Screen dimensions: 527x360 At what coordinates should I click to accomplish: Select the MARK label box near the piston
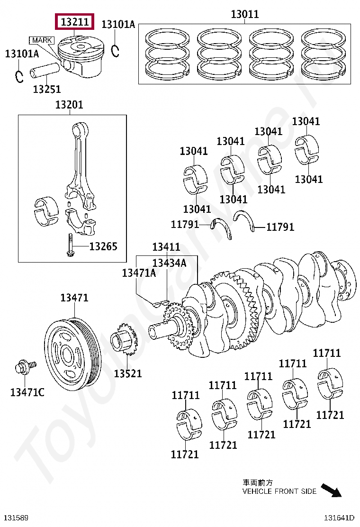click(x=42, y=40)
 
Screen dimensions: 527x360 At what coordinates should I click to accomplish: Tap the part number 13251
click(x=46, y=89)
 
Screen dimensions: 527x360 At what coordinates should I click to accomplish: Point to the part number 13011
click(x=245, y=14)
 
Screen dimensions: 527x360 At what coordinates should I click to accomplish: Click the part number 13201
click(x=69, y=105)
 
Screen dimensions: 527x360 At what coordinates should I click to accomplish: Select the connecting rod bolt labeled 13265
click(x=69, y=245)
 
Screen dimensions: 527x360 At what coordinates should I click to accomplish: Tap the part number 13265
click(x=103, y=246)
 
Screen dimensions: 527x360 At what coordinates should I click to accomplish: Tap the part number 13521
click(x=128, y=373)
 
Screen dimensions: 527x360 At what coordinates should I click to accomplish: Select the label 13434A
click(x=169, y=263)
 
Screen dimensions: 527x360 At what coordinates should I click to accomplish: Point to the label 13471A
click(x=139, y=273)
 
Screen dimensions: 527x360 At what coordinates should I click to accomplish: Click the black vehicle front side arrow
click(x=331, y=490)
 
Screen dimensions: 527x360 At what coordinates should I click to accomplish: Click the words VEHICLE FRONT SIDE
click(x=279, y=491)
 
